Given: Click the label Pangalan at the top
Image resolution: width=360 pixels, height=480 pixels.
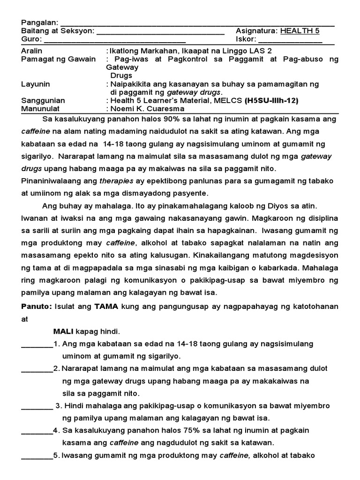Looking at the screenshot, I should point(39,23).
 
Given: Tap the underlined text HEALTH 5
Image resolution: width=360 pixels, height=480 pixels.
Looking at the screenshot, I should point(300,31).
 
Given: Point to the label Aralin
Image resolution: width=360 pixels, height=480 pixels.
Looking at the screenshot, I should point(32,51).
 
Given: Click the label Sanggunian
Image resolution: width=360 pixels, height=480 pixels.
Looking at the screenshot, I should point(43,101).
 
